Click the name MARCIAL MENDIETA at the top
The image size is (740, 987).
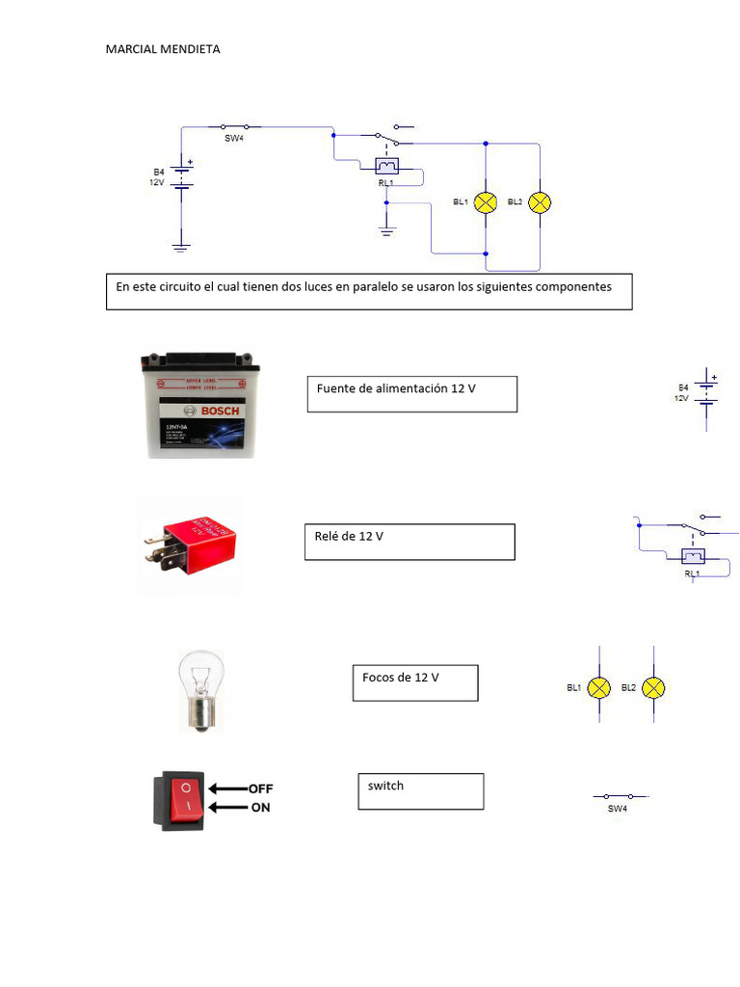[x=163, y=49]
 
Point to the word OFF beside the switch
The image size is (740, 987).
[x=260, y=788]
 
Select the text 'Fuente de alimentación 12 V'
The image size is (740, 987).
[x=396, y=388]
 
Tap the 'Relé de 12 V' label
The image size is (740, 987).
[x=349, y=536]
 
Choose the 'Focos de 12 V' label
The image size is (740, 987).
[x=400, y=678]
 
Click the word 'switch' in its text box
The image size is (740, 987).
[x=385, y=786]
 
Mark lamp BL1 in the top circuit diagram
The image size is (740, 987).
[x=488, y=202]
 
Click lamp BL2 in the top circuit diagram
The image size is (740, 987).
[x=541, y=202]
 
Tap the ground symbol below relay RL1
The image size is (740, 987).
[x=386, y=230]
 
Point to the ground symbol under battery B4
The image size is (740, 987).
[x=181, y=247]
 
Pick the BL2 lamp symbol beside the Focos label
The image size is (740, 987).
[x=653, y=687]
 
